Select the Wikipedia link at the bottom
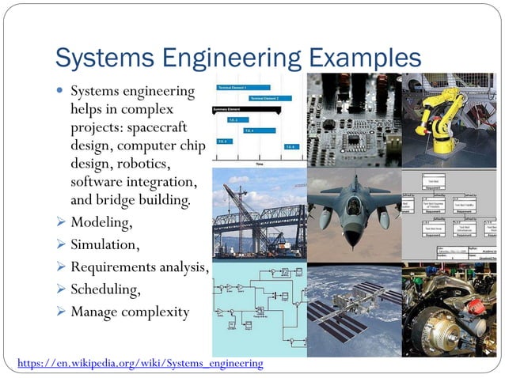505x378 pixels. tap(135, 363)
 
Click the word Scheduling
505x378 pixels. tap(106, 289)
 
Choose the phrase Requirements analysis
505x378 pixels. tap(139, 267)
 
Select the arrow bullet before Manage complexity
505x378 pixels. tap(60, 312)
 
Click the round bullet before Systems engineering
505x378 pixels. tap(60, 92)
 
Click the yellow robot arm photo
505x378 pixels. tap(449, 119)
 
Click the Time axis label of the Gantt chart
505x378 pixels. tap(259, 163)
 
